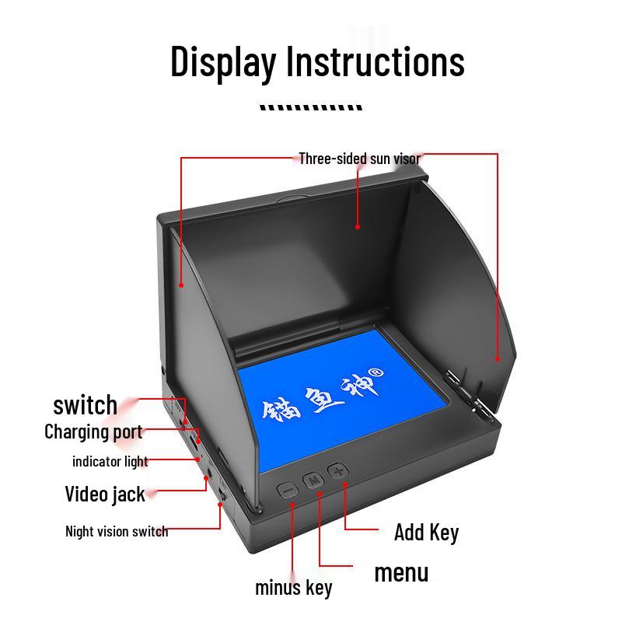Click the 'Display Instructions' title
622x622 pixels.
point(317,61)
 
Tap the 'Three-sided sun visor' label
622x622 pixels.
point(359,159)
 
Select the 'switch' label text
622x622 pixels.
point(85,405)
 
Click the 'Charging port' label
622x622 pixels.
point(93,432)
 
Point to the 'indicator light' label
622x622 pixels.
point(110,461)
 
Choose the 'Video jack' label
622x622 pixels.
point(104,494)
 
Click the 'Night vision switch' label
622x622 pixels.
point(117,532)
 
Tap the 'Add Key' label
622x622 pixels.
point(426,533)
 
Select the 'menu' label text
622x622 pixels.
point(401,573)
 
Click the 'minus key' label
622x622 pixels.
point(293,588)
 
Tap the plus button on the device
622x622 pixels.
point(337,471)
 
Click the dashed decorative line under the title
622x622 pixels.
point(311,108)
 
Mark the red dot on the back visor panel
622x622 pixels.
point(358,226)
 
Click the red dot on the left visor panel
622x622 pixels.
point(181,285)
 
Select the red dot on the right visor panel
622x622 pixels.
point(497,358)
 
